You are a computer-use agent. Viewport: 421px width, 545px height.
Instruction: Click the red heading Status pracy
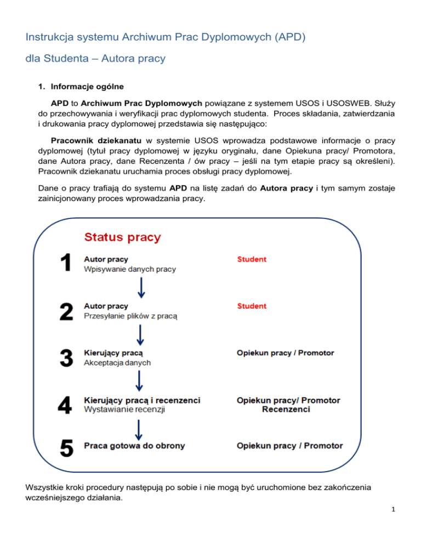[x=122, y=237]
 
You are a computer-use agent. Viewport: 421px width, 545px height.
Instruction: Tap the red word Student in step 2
[x=252, y=306]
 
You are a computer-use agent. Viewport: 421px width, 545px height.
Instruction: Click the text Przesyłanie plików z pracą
[x=130, y=316]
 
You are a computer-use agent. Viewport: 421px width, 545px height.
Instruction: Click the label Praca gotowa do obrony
[x=134, y=446]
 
